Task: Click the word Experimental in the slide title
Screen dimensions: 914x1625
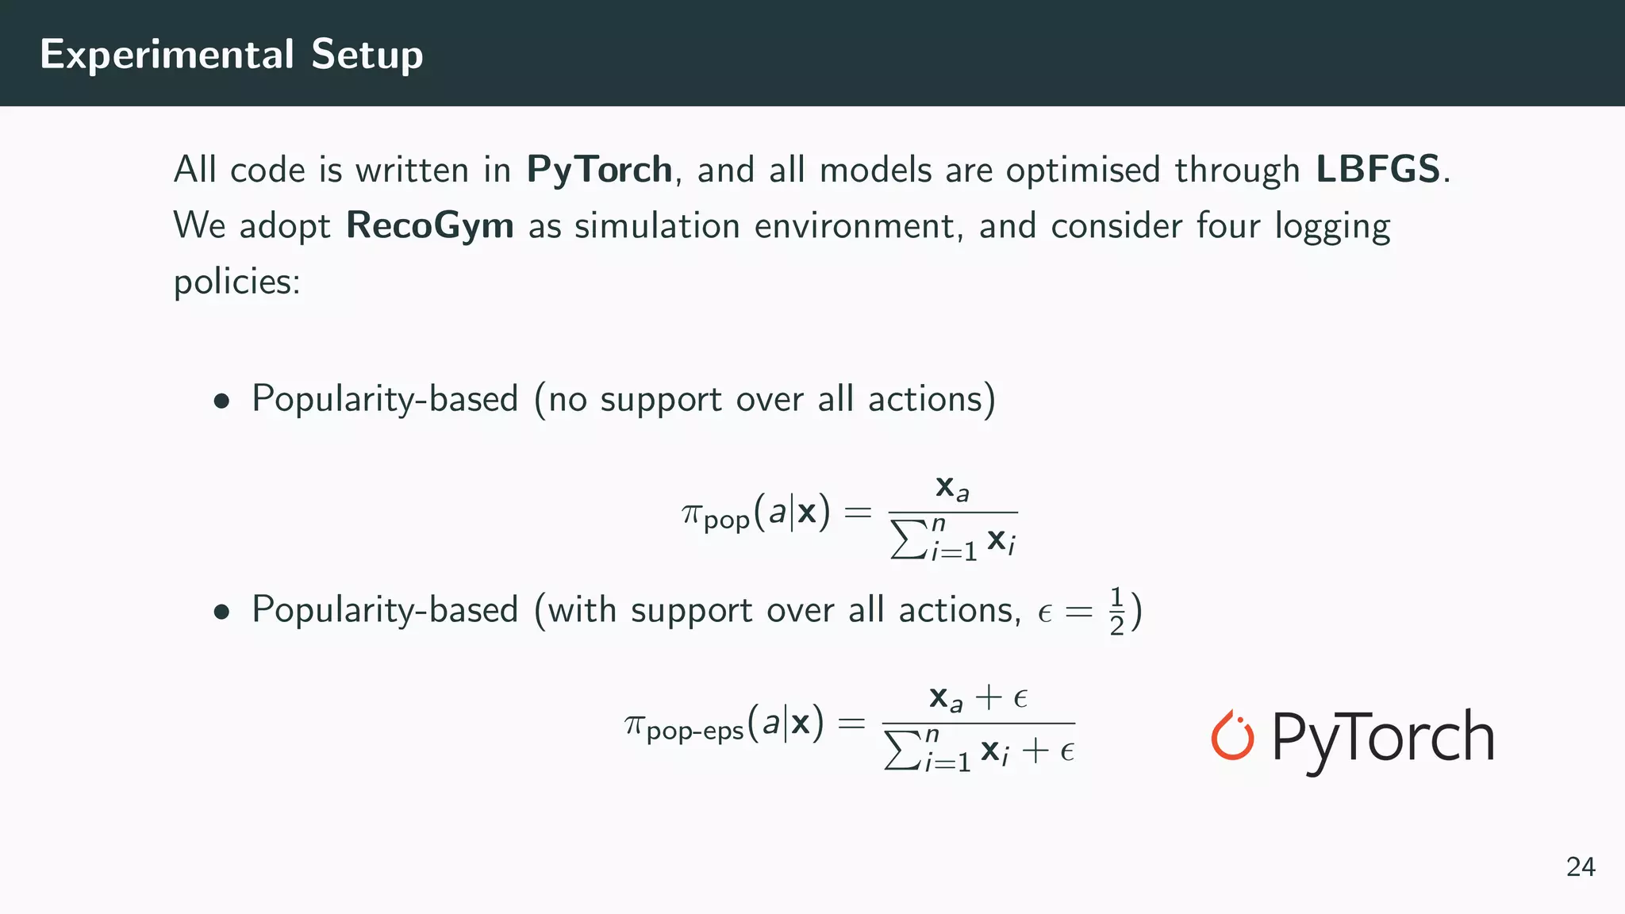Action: [167, 55]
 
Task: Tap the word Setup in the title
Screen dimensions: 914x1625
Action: [367, 55]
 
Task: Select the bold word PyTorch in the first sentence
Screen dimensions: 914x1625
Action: [599, 170]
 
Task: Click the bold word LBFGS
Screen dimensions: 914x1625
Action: [1377, 170]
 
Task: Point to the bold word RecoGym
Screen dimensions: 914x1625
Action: [430, 225]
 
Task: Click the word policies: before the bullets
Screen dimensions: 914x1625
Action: [236, 282]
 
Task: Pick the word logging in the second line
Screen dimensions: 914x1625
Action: [1332, 227]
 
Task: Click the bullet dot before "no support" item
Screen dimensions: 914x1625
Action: [221, 401]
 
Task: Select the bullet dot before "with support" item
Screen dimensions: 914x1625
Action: [221, 613]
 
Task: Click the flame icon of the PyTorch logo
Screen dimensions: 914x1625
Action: [1231, 735]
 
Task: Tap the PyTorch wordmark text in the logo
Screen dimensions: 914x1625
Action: [1383, 738]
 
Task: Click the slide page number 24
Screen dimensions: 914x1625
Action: [1581, 867]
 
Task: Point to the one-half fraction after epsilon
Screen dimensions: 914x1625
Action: [1116, 612]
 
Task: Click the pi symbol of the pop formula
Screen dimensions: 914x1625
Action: [692, 513]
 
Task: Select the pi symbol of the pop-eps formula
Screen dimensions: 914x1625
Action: [635, 724]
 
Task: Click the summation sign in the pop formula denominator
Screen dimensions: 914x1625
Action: [909, 540]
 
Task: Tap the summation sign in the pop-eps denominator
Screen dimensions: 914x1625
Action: [902, 751]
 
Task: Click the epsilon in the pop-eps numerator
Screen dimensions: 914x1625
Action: [1021, 698]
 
